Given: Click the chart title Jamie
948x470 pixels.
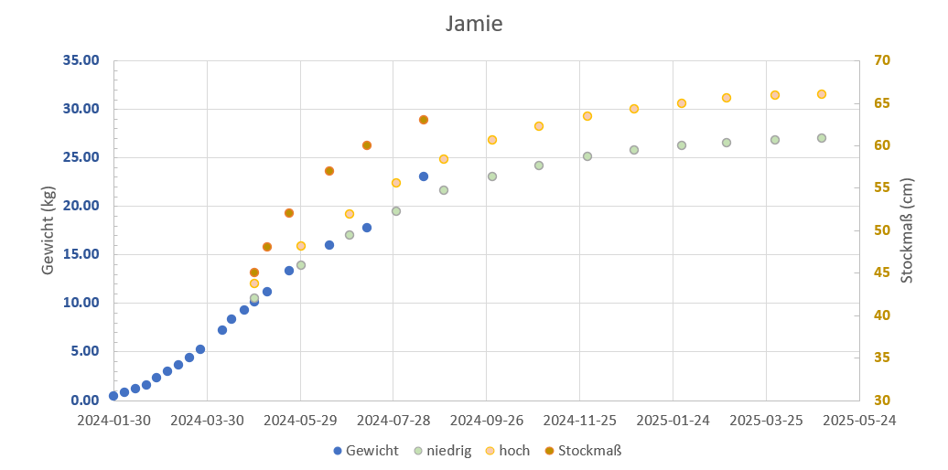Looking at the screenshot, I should pyautogui.click(x=473, y=24).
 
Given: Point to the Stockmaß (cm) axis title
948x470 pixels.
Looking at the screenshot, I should pyautogui.click(x=907, y=230).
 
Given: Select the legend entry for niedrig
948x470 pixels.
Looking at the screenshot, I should pyautogui.click(x=442, y=451).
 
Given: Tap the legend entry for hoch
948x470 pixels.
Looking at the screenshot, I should pyautogui.click(x=507, y=451).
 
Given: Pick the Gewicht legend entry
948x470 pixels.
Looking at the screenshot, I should pyautogui.click(x=366, y=451).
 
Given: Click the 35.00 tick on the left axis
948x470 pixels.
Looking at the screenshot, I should pyautogui.click(x=81, y=61).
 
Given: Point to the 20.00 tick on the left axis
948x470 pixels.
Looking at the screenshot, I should pyautogui.click(x=81, y=206).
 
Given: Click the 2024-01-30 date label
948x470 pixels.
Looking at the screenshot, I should pyautogui.click(x=113, y=421).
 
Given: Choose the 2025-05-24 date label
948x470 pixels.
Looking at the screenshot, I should pyautogui.click(x=858, y=421).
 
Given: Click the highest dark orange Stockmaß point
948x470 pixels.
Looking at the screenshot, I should pyautogui.click(x=424, y=120).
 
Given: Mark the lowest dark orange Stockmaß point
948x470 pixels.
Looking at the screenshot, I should pyautogui.click(x=254, y=272).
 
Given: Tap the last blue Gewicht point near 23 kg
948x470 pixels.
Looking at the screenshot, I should pyautogui.click(x=424, y=176).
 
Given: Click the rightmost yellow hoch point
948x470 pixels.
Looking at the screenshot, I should pyautogui.click(x=822, y=94).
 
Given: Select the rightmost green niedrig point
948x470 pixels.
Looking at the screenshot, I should pyautogui.click(x=822, y=138).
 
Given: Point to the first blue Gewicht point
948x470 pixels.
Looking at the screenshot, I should pyautogui.click(x=113, y=396).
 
